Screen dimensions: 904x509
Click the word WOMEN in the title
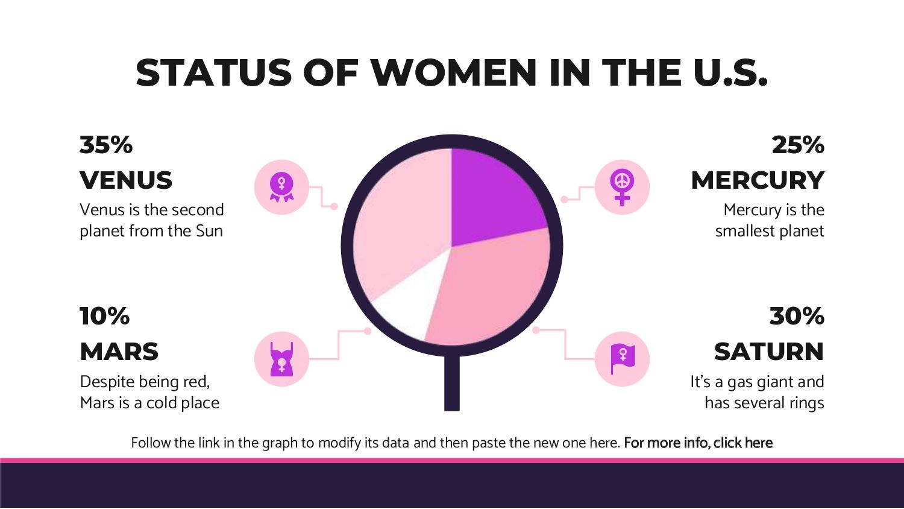[x=454, y=73]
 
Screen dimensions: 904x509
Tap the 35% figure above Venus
[x=105, y=145]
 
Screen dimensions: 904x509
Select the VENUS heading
[x=126, y=180]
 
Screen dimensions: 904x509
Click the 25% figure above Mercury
[x=798, y=145]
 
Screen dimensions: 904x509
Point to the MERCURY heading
[x=758, y=180]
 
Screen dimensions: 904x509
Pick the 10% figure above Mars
[x=104, y=316]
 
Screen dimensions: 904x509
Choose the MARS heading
[x=119, y=352]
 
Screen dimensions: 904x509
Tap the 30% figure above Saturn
[x=797, y=316]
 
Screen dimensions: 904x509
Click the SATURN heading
[x=769, y=352]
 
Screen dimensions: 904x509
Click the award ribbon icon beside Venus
[x=281, y=187]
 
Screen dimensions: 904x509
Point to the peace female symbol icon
[x=622, y=187]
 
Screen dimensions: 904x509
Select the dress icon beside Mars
[x=281, y=359]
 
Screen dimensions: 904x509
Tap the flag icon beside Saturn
[x=623, y=359]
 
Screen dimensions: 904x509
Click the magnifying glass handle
[x=452, y=383]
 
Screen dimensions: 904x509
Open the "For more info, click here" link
[x=698, y=443]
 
